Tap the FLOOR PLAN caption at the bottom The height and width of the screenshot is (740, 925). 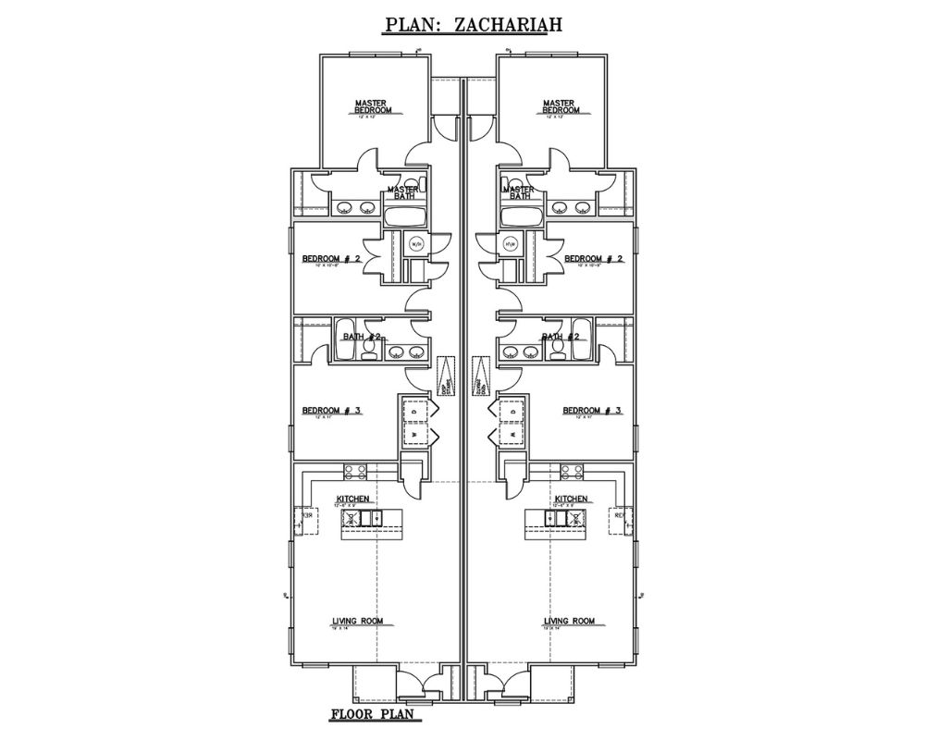coord(376,715)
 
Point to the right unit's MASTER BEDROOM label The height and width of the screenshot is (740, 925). coord(561,106)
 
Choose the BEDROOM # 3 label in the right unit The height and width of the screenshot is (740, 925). coord(592,410)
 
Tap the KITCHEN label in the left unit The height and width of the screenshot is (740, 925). coord(352,499)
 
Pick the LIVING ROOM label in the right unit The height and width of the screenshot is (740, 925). coord(569,621)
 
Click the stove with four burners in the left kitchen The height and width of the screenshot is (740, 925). coord(354,473)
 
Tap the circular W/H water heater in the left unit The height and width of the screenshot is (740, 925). coord(416,244)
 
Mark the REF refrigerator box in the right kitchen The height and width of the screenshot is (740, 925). coord(621,515)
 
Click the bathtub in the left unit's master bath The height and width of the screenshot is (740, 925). coord(403,217)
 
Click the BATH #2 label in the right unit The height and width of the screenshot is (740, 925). coord(561,337)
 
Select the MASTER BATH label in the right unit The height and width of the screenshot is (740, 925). coord(519,192)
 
